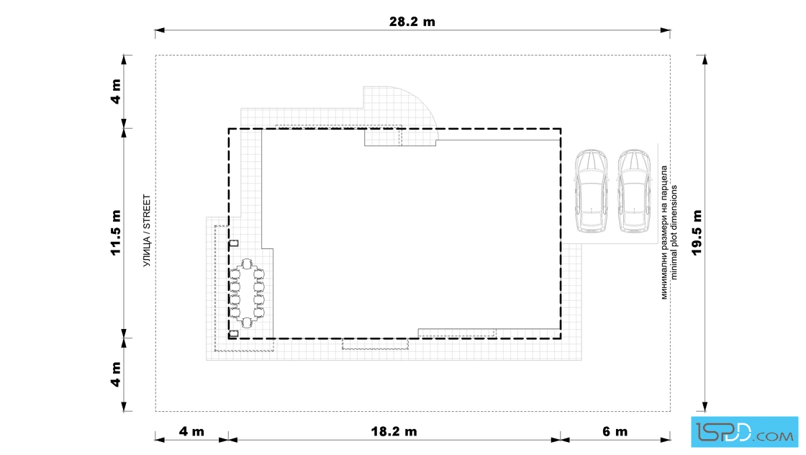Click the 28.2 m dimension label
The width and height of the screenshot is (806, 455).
point(412,22)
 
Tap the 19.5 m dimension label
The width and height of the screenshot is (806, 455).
point(697,233)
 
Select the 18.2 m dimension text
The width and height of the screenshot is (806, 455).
point(394,431)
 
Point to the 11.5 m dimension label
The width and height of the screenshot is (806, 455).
point(116,233)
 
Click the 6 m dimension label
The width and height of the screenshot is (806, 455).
point(615,431)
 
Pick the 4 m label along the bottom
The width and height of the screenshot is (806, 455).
point(191,431)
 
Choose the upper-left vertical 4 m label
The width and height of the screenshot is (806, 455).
point(116,91)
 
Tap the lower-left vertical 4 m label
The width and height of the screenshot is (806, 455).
point(116,374)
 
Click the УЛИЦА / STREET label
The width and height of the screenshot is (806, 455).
point(147,230)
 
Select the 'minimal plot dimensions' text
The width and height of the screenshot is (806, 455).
point(674,233)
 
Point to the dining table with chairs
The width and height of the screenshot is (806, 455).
point(247,293)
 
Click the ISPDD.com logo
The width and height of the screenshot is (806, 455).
point(744,432)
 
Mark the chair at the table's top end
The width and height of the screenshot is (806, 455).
point(247,263)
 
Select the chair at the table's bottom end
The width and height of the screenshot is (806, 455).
point(247,323)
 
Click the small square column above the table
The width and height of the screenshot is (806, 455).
point(234,243)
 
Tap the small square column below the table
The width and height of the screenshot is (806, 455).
point(234,333)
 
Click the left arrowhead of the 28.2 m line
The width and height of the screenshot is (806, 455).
point(159,30)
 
